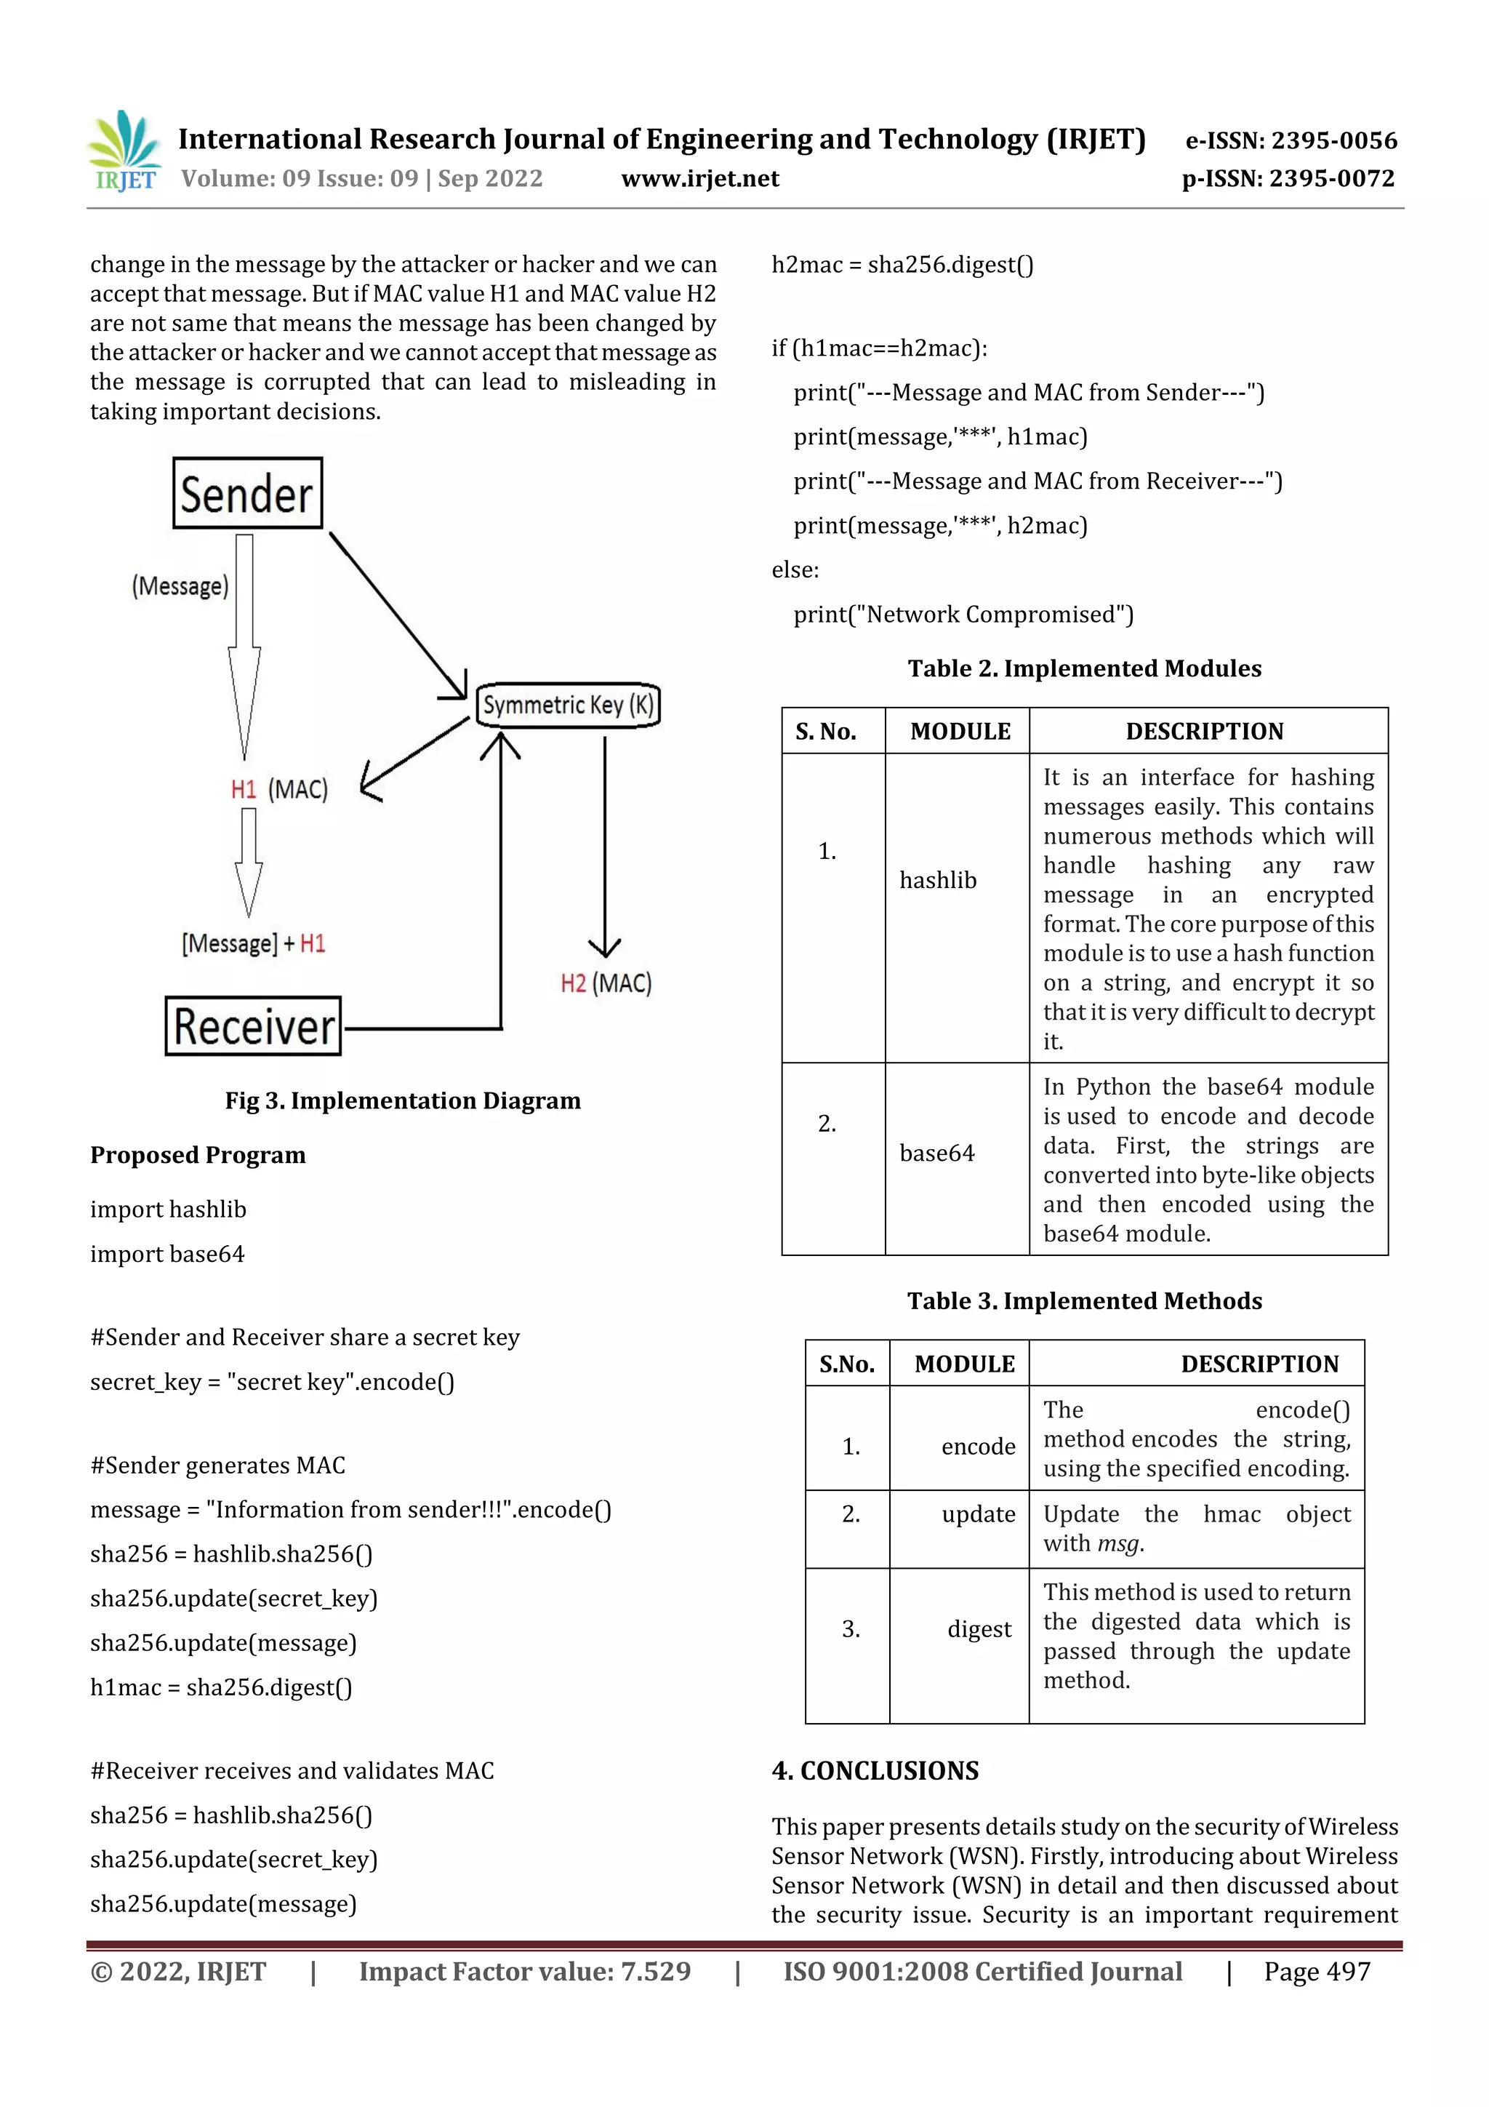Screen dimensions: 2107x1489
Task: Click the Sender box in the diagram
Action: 248,494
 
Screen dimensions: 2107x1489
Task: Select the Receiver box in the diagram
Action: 253,1026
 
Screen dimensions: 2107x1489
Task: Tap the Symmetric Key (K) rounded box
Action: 568,705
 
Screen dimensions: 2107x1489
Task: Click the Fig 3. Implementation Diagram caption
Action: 403,1100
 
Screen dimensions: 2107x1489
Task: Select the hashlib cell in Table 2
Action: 938,880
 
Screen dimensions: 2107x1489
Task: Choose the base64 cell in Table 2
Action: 936,1153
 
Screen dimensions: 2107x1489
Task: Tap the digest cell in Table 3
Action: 979,1629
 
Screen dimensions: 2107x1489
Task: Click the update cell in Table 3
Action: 978,1514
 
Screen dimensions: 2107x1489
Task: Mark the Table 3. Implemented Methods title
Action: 1085,1300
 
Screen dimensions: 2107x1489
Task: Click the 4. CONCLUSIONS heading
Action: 875,1770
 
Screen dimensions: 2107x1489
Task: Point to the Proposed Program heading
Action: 197,1154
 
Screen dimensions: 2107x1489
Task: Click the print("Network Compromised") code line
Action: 963,614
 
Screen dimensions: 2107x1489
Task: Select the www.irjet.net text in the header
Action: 700,178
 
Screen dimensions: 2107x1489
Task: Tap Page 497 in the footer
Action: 1317,1971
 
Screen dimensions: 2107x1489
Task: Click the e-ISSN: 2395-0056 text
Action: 1291,140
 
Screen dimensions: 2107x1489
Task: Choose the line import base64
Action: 167,1254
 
